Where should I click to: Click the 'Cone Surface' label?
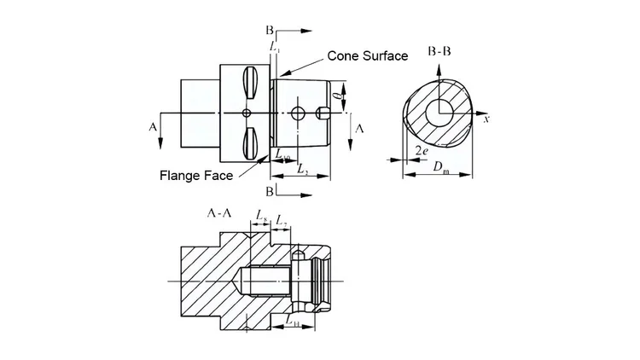coord(368,55)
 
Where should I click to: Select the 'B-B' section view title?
coord(440,51)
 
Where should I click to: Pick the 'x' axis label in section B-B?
coord(486,119)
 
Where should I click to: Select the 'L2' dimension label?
coord(302,170)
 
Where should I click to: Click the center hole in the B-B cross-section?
coord(440,112)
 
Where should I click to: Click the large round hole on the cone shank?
coord(298,113)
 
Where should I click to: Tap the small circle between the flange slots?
coord(246,113)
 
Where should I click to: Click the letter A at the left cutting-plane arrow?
coord(153,126)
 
